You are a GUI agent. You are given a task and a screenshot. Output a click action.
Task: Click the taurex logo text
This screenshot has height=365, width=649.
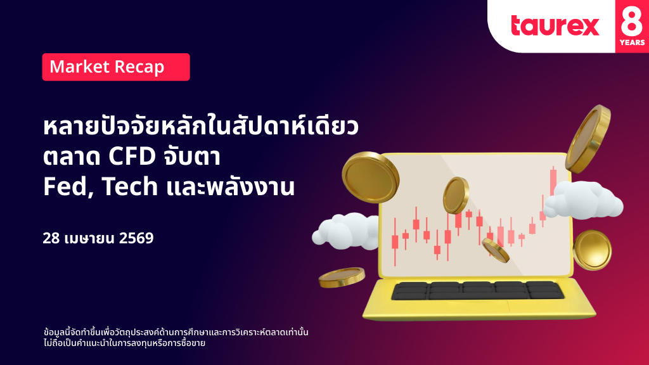point(555,25)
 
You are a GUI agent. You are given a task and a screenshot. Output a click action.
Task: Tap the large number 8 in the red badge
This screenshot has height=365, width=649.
point(632,19)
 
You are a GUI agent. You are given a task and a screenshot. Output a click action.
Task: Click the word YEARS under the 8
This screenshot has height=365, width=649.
point(632,42)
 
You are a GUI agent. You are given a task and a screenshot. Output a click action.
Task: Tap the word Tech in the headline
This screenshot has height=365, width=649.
point(129,186)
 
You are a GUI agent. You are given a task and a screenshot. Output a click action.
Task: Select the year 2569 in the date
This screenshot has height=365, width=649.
point(136,238)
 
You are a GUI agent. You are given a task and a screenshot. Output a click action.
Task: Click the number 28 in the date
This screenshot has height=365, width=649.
point(51,238)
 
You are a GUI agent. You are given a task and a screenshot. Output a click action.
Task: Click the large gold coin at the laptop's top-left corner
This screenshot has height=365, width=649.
point(370,177)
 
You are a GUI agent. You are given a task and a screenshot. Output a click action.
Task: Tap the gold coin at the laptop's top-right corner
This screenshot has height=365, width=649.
point(588,139)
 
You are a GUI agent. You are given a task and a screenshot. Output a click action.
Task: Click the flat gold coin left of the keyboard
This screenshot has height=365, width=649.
point(342,277)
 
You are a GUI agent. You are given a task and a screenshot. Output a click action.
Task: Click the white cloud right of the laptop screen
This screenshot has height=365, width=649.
point(583,200)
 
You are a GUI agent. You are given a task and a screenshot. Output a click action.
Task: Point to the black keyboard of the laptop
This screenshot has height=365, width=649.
point(477,290)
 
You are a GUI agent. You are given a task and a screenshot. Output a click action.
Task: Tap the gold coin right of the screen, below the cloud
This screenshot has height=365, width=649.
point(593,250)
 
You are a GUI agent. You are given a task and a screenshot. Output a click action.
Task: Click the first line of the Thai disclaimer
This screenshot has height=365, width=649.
point(176,332)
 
